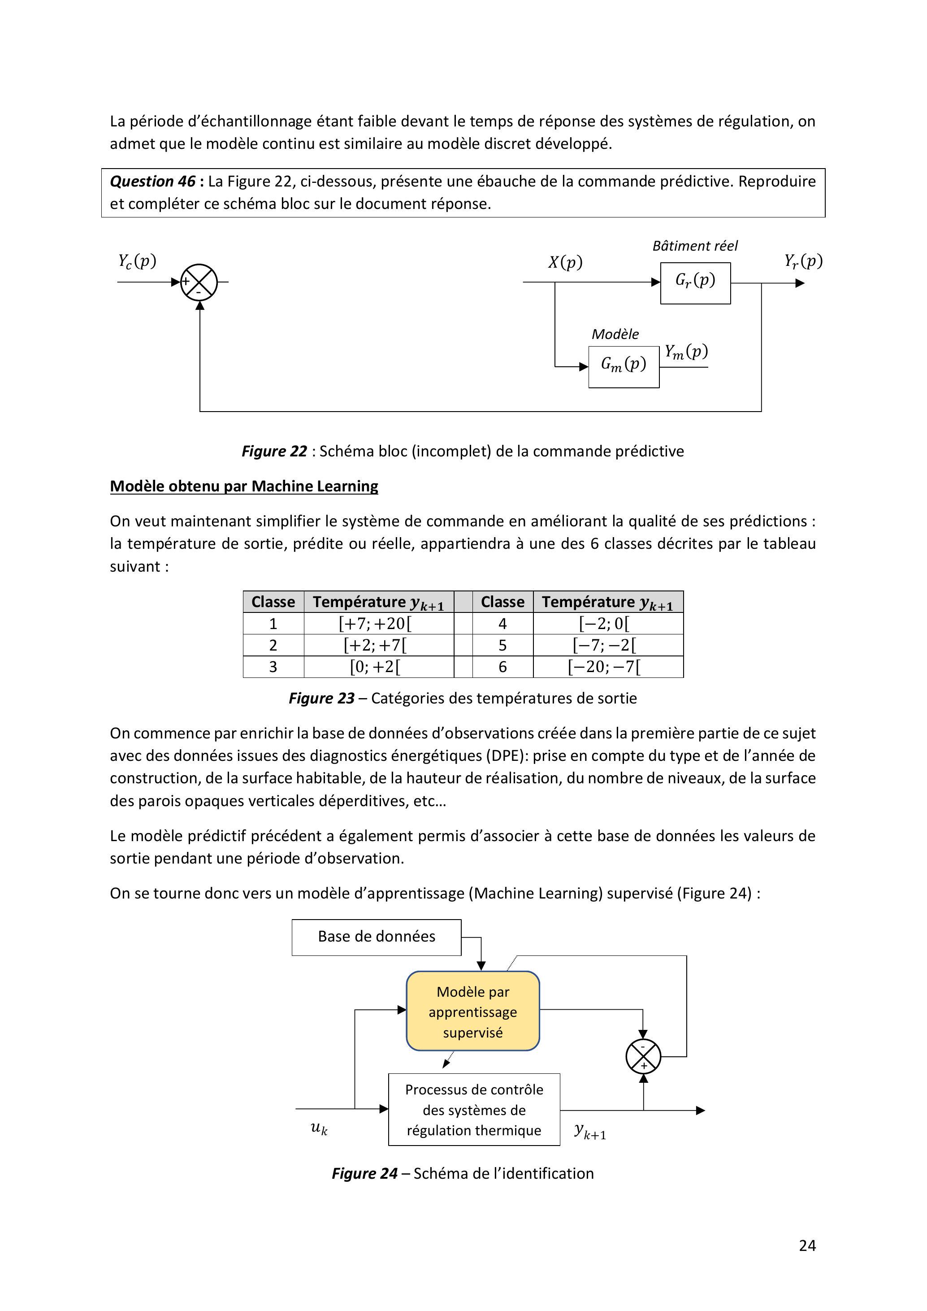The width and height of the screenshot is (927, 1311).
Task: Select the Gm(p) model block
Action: click(x=624, y=367)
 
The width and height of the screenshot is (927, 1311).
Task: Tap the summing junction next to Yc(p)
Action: click(x=199, y=282)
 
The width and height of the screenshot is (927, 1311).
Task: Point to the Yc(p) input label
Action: click(x=137, y=261)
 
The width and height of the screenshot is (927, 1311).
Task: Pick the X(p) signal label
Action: click(x=565, y=262)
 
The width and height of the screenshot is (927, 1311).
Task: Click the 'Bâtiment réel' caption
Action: click(x=695, y=246)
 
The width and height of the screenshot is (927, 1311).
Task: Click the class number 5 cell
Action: click(x=502, y=645)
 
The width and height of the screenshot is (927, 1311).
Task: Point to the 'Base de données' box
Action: click(x=376, y=937)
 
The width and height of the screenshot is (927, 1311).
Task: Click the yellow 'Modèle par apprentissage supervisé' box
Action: click(x=472, y=1011)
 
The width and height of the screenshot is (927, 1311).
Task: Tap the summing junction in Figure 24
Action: click(x=643, y=1056)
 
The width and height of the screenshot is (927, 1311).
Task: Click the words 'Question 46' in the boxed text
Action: click(x=152, y=182)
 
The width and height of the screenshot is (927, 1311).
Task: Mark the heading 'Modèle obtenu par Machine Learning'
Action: click(x=244, y=486)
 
